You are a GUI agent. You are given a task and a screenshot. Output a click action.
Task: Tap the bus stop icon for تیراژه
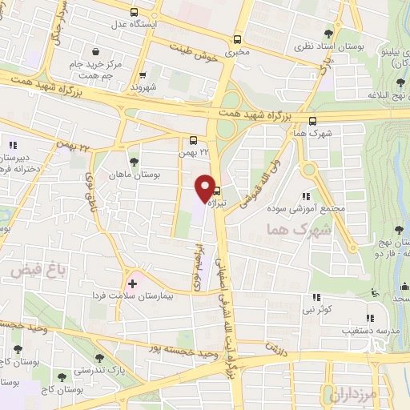pyautogui.click(x=216, y=192)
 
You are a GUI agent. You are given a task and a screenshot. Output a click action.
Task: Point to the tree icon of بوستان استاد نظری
pyautogui.click(x=328, y=34)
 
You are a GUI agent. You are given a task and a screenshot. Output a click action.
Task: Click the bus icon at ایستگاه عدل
pyautogui.click(x=133, y=13)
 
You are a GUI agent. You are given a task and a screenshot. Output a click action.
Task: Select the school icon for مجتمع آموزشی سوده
pyautogui.click(x=307, y=196)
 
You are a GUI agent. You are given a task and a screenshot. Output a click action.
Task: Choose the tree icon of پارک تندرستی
pyautogui.click(x=98, y=358)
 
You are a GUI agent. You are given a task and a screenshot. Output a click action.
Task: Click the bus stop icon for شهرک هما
pyautogui.click(x=312, y=121)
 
